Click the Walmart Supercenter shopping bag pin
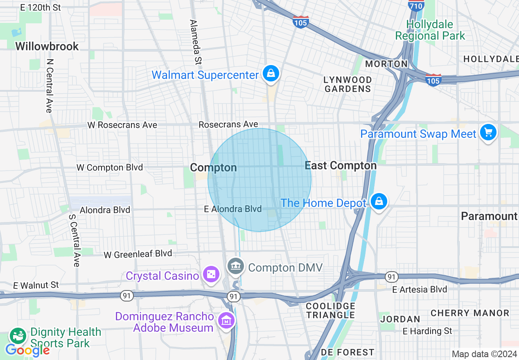click(271, 74)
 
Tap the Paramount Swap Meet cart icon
click(488, 133)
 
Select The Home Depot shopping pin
click(379, 201)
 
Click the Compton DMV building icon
click(235, 267)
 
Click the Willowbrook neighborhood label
click(47, 46)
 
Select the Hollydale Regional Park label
click(430, 30)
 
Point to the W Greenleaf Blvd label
click(138, 254)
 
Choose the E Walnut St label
click(36, 285)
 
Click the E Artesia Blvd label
click(420, 290)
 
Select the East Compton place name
click(341, 166)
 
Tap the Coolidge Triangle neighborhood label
click(331, 310)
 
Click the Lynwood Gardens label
click(348, 84)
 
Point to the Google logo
click(27, 350)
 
